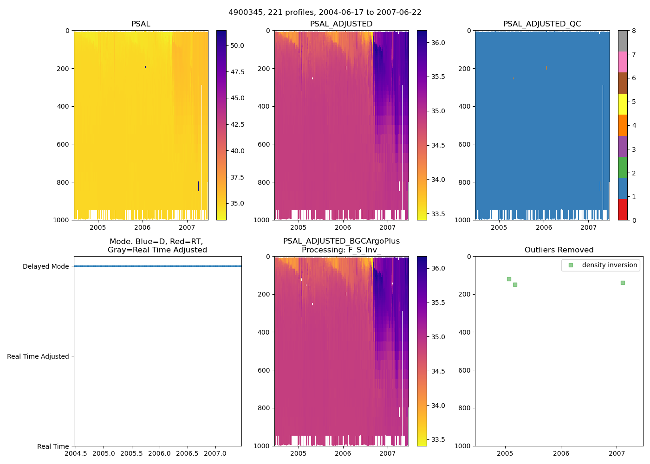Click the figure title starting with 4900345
coord(325,13)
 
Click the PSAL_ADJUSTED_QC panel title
coord(542,24)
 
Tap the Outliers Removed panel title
coord(559,250)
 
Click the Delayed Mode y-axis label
coord(45,266)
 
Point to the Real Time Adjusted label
coord(38,356)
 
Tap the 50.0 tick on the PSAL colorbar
coord(237,45)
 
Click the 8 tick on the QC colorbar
coord(634,31)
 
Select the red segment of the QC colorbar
coord(623,209)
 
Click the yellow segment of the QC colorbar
coord(623,104)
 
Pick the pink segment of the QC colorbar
coord(623,62)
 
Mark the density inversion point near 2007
coord(623,283)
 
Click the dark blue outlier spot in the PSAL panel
coord(145,67)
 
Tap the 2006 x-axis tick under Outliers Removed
coord(561,453)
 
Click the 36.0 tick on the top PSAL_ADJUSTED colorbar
coord(438,43)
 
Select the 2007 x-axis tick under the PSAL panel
coord(187,227)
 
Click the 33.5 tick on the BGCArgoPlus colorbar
coord(438,439)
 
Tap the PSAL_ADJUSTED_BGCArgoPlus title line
coord(341,241)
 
